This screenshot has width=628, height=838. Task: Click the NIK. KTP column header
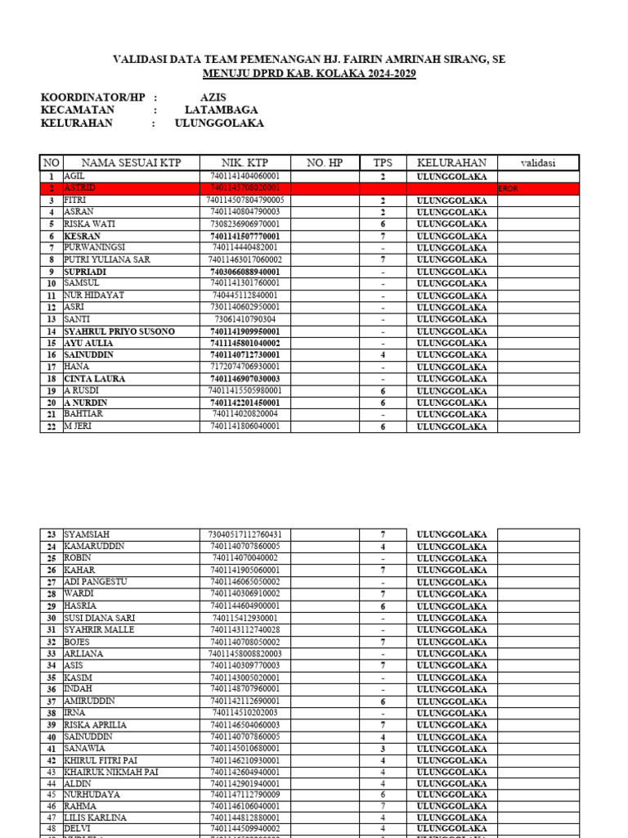click(245, 163)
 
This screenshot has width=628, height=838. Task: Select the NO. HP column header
click(325, 163)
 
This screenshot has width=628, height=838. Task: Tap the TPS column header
click(383, 163)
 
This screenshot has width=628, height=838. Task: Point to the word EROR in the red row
click(508, 189)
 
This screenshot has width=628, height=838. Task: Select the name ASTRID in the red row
click(79, 188)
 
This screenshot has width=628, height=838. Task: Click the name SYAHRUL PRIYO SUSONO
click(119, 331)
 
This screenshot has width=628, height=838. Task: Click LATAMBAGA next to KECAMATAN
click(221, 110)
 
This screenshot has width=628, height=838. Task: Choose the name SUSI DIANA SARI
click(99, 618)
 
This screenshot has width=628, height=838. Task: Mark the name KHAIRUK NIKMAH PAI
click(110, 772)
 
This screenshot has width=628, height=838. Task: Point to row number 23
click(51, 534)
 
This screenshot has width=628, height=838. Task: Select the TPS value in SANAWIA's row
click(383, 749)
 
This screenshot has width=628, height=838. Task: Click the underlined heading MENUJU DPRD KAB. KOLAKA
click(309, 74)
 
